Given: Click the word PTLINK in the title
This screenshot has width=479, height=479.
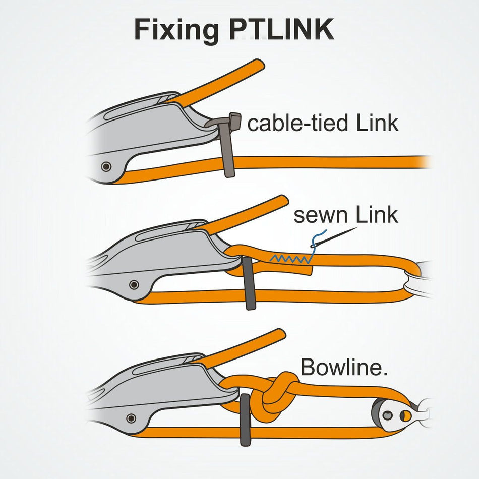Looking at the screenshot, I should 281,30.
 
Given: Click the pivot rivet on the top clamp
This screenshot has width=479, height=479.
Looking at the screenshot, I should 106,166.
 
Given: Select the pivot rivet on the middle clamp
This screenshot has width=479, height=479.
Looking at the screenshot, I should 134,285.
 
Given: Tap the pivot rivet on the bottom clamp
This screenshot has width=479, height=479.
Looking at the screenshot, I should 131,418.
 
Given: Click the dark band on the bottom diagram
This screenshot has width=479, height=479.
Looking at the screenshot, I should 245,420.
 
